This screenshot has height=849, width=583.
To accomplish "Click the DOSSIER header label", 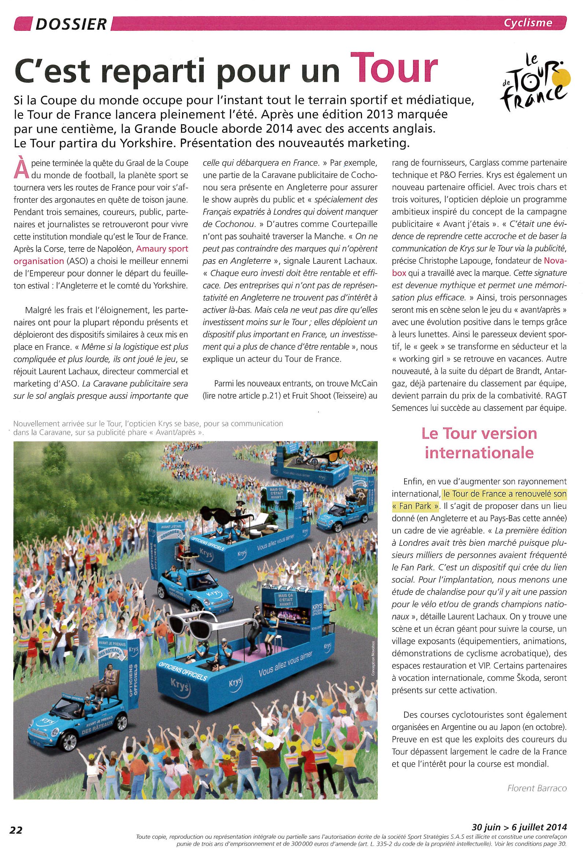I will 71,24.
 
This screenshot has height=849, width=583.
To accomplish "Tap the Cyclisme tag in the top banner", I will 528,23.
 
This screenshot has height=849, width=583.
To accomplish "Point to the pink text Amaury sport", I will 162,249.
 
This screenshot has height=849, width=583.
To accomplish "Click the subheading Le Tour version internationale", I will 479,443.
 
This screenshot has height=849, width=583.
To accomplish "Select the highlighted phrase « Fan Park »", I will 415,506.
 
